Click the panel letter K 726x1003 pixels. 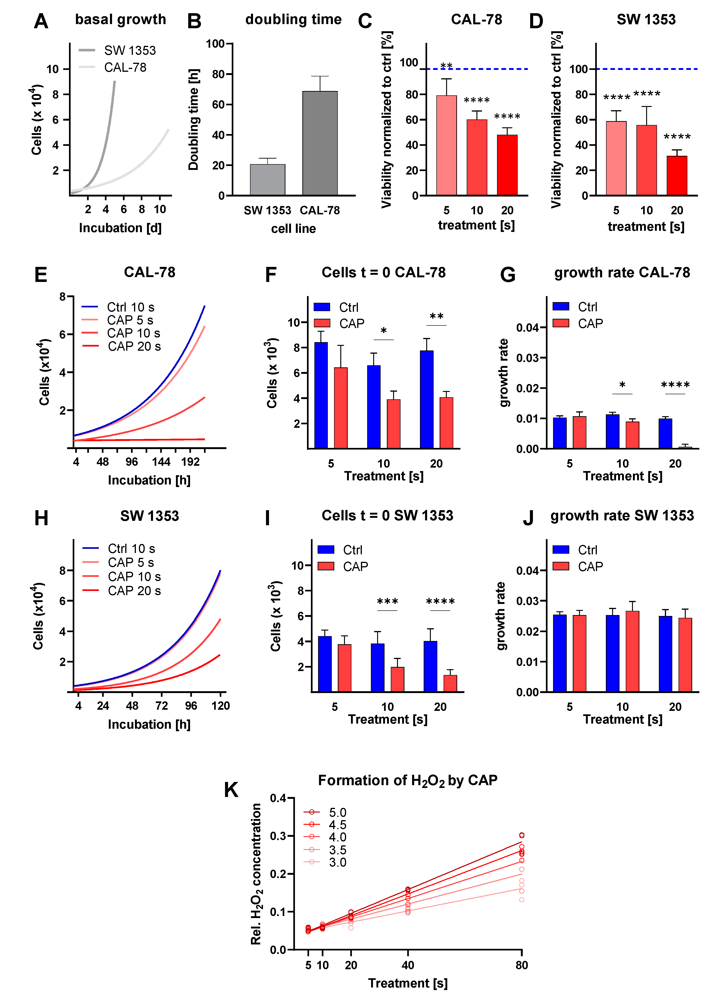point(231,790)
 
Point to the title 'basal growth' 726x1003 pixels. point(120,19)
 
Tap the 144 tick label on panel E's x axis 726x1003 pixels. point(161,462)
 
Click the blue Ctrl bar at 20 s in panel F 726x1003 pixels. point(426,399)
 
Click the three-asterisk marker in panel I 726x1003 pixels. point(388,602)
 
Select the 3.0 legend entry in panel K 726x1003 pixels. point(337,862)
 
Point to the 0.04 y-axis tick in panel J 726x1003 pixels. point(527,571)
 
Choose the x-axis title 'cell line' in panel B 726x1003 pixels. point(293,229)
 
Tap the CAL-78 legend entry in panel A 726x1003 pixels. point(125,68)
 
